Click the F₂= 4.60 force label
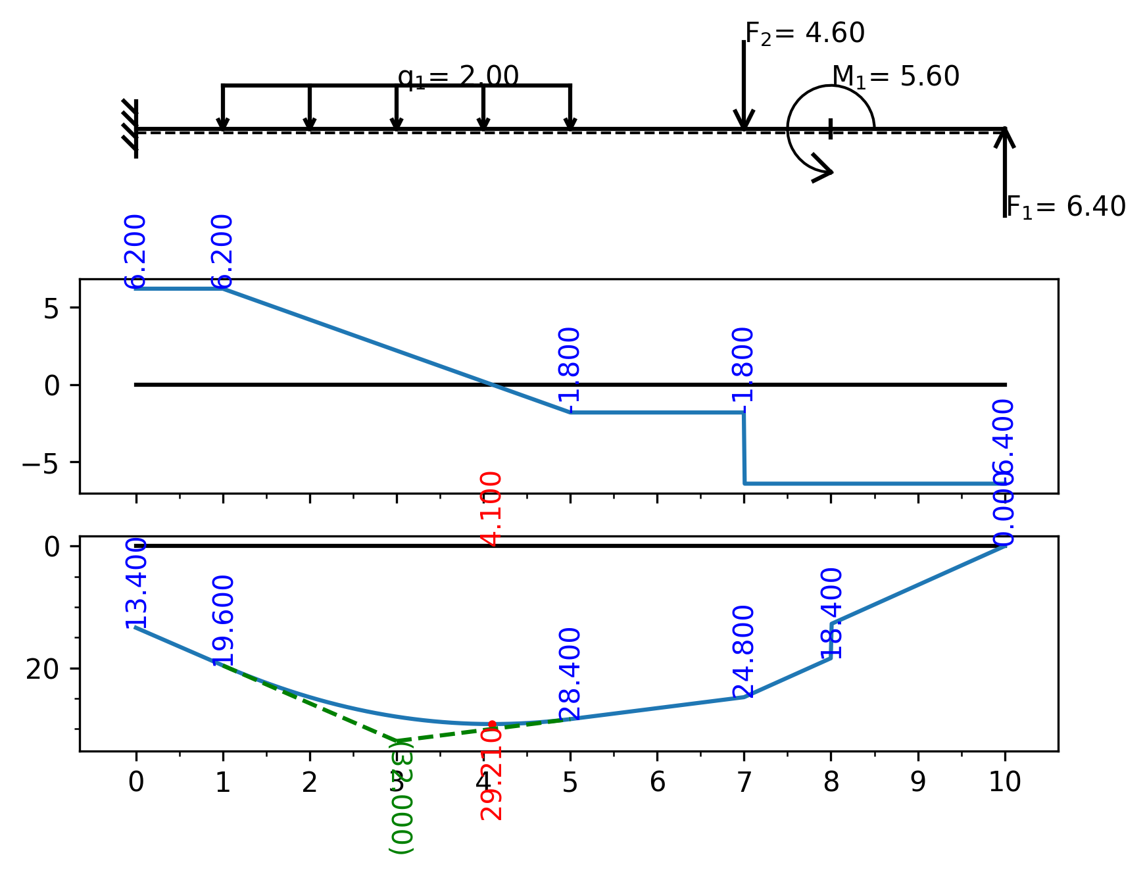coord(804,34)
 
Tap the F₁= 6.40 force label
coord(1065,207)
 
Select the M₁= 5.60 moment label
coord(895,77)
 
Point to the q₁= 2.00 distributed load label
coord(458,77)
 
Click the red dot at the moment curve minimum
coord(492,724)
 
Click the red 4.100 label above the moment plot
coord(492,509)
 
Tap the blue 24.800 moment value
coord(744,651)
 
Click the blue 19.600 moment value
coord(224,620)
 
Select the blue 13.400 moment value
coord(136,583)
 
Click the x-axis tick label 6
coord(657,782)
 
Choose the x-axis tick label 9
coord(917,782)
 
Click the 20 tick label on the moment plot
coord(43,669)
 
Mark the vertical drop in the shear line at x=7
coord(744,448)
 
